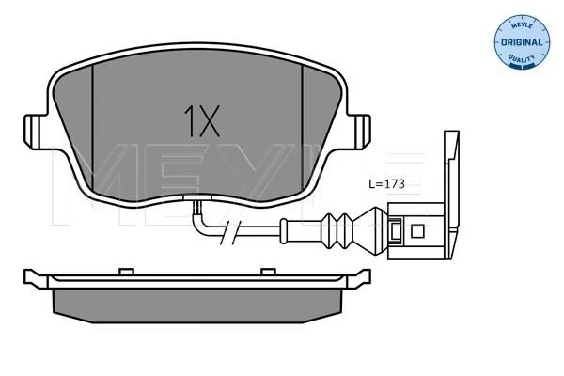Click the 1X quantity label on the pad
[201, 121]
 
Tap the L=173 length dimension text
[387, 184]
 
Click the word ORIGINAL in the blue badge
[522, 42]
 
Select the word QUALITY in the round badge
[522, 57]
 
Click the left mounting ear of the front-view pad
[35, 132]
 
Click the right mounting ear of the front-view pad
[360, 132]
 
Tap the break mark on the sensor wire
[230, 232]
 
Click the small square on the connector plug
[417, 231]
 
